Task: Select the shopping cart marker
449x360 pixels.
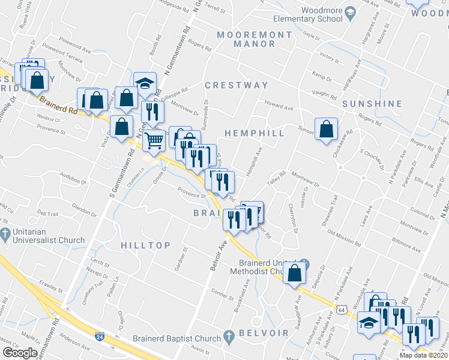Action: point(154,140)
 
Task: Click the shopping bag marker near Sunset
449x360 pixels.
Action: point(326,129)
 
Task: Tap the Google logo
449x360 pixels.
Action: point(20,353)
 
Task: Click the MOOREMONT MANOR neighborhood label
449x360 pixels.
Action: point(255,40)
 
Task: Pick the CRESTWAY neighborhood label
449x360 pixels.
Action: point(237,85)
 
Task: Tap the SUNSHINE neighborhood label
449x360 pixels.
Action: point(372,104)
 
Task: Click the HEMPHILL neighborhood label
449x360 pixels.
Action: point(255,133)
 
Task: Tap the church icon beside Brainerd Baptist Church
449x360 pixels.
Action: point(228,337)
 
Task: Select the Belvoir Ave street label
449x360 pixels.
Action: point(220,255)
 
